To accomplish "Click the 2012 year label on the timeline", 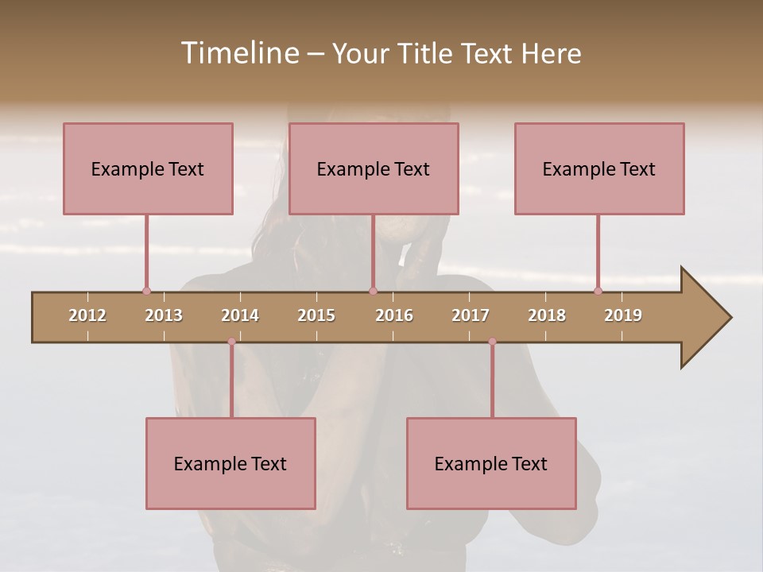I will click(87, 315).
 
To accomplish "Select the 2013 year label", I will click(164, 315).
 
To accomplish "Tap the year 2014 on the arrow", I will click(240, 315).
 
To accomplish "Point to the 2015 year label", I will click(316, 315).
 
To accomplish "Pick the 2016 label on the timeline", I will click(394, 315).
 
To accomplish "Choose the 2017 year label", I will click(471, 315).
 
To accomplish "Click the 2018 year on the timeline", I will click(547, 315).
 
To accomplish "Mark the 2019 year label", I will click(623, 315).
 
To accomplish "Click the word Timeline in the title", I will click(238, 53).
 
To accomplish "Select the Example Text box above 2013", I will click(148, 168).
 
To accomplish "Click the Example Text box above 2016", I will click(374, 168).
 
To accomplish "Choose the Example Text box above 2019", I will click(599, 168).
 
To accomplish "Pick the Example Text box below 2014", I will click(230, 463).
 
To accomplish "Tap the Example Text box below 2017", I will click(491, 463).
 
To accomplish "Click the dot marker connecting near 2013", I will click(146, 291).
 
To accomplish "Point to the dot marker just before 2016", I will click(373, 291).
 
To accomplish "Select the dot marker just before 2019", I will click(598, 291).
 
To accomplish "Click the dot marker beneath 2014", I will click(231, 342).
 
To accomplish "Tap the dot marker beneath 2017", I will click(492, 342).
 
